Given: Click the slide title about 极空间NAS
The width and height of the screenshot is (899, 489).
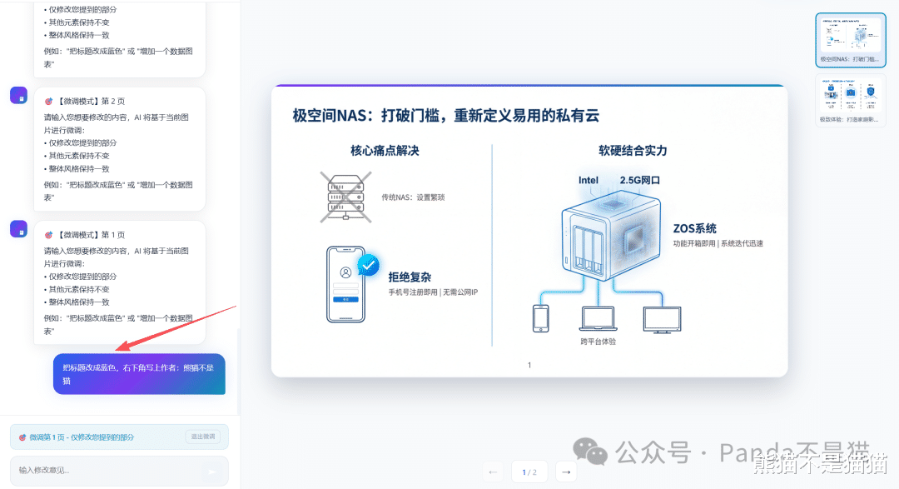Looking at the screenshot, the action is [x=445, y=116].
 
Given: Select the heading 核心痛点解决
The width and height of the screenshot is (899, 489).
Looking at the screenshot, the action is [x=384, y=151].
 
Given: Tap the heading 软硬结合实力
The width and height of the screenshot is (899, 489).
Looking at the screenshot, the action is [x=633, y=151].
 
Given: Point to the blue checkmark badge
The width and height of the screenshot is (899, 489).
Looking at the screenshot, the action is [x=368, y=265].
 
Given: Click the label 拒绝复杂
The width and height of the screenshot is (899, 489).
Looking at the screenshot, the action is [x=410, y=277].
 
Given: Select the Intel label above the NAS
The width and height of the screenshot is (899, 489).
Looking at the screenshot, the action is [x=589, y=180].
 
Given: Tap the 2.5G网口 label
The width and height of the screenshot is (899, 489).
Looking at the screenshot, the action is [x=640, y=180].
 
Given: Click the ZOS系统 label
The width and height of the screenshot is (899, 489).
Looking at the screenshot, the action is [x=695, y=228].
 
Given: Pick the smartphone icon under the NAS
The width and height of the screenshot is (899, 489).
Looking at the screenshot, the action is [x=541, y=318].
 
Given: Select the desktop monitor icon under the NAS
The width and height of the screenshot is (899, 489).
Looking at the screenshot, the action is [x=662, y=319].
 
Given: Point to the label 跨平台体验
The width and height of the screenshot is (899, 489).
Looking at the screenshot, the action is [x=599, y=342].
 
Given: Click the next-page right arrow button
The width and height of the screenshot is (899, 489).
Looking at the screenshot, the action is [x=566, y=472].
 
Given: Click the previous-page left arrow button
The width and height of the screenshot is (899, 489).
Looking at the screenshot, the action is [x=494, y=472].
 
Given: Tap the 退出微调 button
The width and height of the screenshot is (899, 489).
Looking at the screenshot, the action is [x=202, y=437].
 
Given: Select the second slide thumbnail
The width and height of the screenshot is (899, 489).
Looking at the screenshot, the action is [x=851, y=100].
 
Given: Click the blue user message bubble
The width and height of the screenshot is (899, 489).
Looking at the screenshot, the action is [x=139, y=374].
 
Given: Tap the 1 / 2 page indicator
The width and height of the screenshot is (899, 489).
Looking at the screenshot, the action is [x=529, y=472].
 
